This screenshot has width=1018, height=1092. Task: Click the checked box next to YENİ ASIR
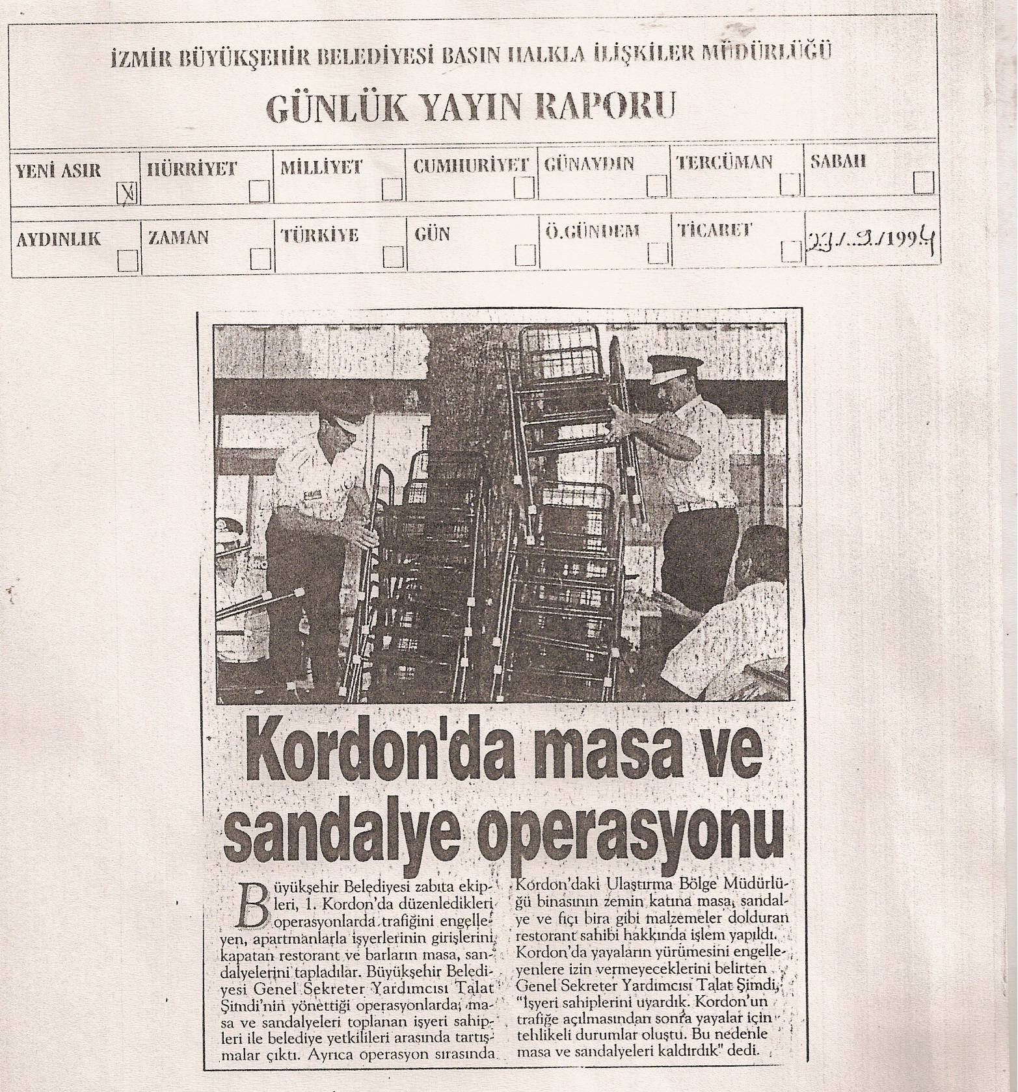tap(126, 192)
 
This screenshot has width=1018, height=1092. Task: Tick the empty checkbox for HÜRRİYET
tap(260, 191)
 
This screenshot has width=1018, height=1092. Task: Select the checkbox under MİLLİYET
tap(392, 190)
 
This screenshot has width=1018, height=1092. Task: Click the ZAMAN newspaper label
tap(179, 238)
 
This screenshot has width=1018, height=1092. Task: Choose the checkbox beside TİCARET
tap(790, 252)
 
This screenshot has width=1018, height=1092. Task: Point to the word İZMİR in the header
tap(136, 60)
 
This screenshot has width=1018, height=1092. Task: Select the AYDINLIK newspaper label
tap(59, 239)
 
